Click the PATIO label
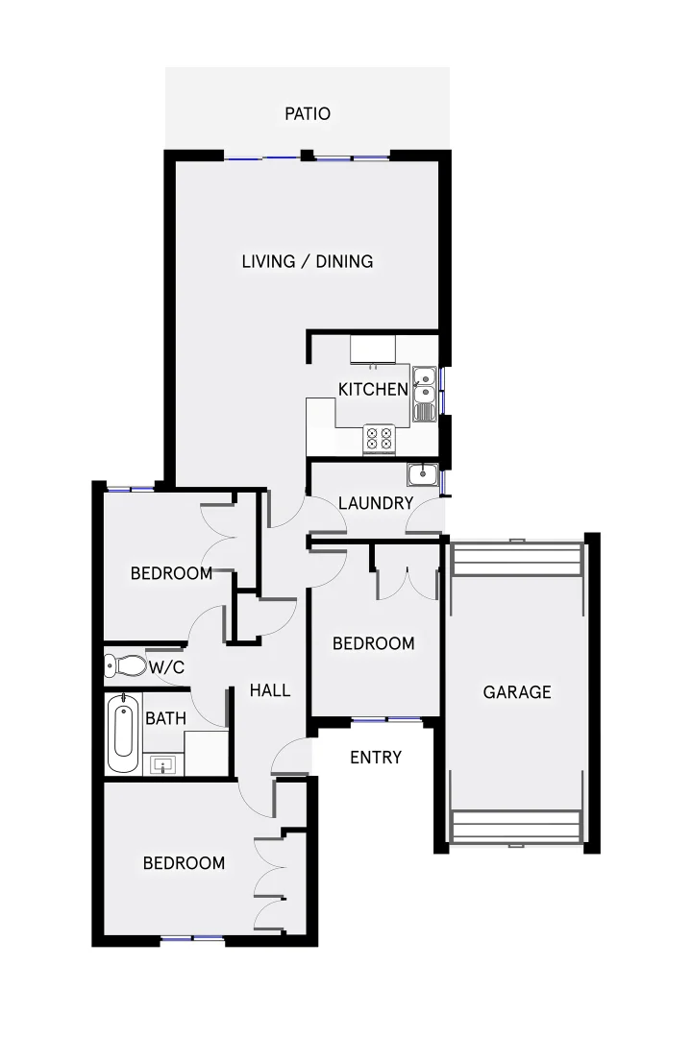coord(308,114)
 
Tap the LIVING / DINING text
coord(308,261)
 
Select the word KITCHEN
coord(373,389)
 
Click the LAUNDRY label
coord(376,503)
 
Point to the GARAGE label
coord(517,691)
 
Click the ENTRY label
coord(375,758)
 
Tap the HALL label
coord(270,689)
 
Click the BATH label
coord(160,717)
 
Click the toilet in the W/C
coord(125,664)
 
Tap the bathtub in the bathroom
coord(122,735)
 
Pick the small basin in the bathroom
coord(163,765)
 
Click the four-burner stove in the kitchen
coord(378,439)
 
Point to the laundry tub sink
coord(422,474)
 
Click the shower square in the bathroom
coord(205,752)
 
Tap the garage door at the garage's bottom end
coord(516,828)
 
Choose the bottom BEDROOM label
coord(184,863)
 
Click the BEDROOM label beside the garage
coord(374,643)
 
